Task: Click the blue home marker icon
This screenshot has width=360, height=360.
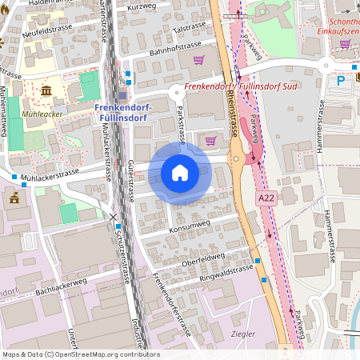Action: tap(180, 173)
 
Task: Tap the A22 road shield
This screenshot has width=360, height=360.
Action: tap(266, 197)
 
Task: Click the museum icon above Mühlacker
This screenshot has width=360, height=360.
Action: tap(46, 90)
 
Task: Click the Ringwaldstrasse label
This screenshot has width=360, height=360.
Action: tap(226, 274)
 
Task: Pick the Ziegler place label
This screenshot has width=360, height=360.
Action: tap(242, 334)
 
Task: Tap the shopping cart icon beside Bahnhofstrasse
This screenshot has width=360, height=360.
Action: tap(198, 60)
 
